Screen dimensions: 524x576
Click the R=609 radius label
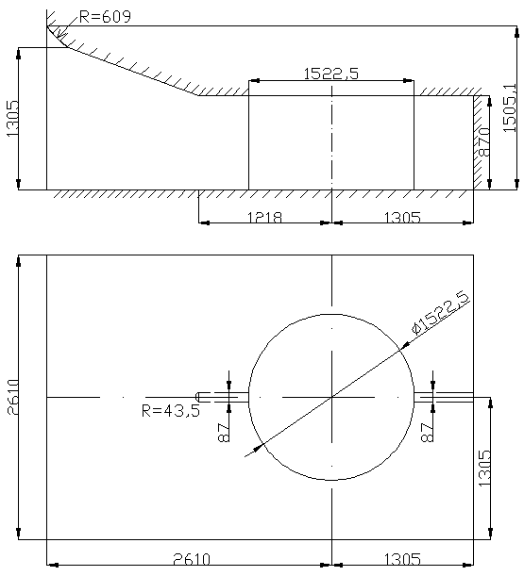click(x=105, y=17)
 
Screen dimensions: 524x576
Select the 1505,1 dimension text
click(x=510, y=108)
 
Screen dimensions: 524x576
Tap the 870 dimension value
click(x=484, y=142)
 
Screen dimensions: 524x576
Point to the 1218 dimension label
click(x=264, y=218)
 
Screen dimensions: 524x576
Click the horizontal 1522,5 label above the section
click(x=330, y=74)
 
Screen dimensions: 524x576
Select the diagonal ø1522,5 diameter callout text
click(x=441, y=313)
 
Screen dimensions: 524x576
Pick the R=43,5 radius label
click(x=171, y=410)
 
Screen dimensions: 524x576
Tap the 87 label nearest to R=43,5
click(x=224, y=433)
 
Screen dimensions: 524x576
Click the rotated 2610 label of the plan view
click(x=13, y=397)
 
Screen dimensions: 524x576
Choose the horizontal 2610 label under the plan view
click(x=192, y=559)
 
